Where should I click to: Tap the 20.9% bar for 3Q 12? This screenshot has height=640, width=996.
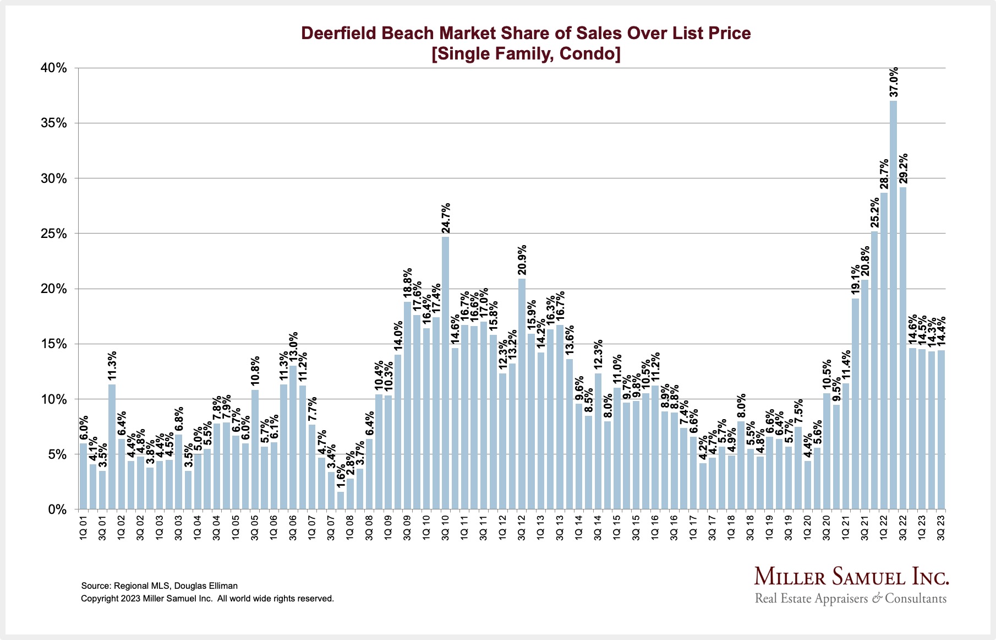click(522, 394)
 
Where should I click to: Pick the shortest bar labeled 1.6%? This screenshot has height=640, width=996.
click(341, 500)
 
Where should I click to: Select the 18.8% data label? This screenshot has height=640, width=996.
click(408, 283)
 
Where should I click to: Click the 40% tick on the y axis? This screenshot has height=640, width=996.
click(53, 68)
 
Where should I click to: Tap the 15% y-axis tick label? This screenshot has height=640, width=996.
click(53, 344)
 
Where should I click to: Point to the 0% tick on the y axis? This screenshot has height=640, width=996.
click(57, 509)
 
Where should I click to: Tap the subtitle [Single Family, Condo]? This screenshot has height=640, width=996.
click(526, 54)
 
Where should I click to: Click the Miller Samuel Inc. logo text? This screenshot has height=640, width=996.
click(851, 577)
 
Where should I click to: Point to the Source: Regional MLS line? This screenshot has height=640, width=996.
click(159, 586)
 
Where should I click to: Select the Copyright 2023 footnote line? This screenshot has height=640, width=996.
click(207, 599)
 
